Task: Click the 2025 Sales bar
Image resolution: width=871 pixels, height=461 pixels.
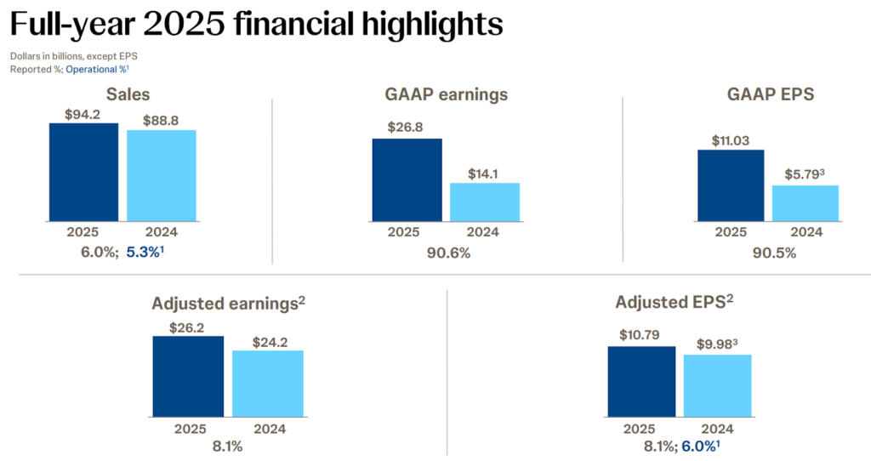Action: click(x=83, y=173)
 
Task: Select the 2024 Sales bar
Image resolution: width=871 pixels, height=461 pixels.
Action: click(x=162, y=176)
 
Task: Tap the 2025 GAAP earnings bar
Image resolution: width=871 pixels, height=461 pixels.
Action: click(x=407, y=180)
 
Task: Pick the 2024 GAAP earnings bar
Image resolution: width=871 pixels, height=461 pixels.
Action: click(x=484, y=202)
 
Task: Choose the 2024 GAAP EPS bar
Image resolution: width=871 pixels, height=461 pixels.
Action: click(x=806, y=203)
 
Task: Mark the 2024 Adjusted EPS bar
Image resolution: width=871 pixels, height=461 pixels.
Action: click(x=717, y=386)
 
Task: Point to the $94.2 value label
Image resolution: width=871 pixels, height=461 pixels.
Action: click(x=83, y=114)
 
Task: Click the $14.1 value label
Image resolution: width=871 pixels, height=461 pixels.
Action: click(x=484, y=174)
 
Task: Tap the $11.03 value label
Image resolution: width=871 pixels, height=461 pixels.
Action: click(x=729, y=139)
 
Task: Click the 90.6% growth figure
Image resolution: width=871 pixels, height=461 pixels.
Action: click(x=445, y=253)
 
